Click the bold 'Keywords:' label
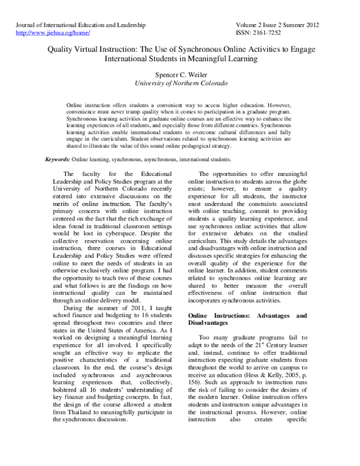click(58, 160)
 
